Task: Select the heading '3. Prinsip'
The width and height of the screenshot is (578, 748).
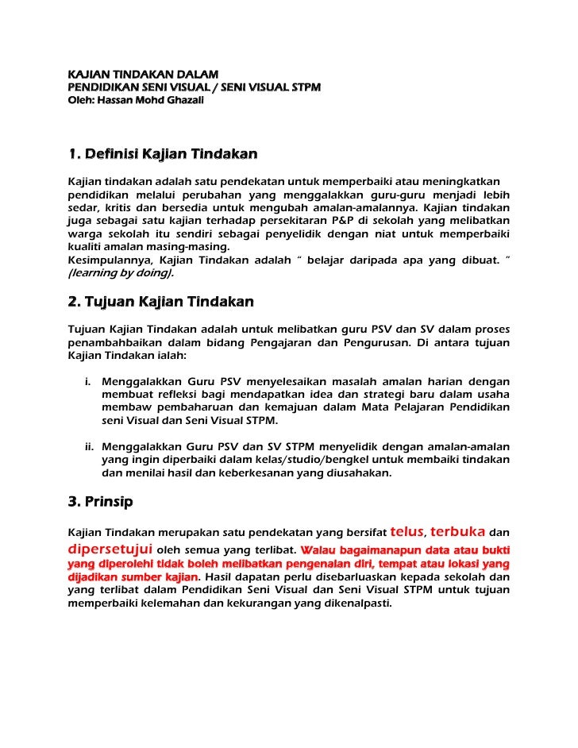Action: (100, 502)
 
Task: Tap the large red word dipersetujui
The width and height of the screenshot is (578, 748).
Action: (110, 548)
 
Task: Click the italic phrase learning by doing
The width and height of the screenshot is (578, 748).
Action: (120, 272)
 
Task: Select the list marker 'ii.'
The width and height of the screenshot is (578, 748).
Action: (90, 447)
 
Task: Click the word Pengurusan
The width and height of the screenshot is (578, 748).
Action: (376, 342)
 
